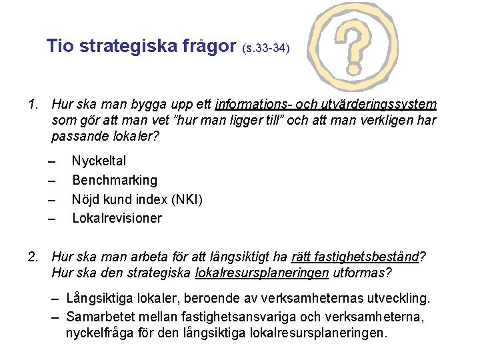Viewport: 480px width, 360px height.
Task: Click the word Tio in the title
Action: click(x=59, y=46)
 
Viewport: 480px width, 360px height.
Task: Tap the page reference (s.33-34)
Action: click(x=266, y=49)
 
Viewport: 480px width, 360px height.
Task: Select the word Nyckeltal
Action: click(x=99, y=161)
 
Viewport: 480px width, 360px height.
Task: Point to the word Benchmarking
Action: click(x=115, y=180)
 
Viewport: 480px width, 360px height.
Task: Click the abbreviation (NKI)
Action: click(x=187, y=199)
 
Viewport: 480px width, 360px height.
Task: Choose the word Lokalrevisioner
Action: click(x=117, y=218)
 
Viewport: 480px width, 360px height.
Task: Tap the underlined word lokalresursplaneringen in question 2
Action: click(x=261, y=273)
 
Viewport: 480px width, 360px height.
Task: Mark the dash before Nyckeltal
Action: click(x=52, y=161)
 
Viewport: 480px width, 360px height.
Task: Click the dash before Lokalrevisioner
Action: click(x=52, y=219)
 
